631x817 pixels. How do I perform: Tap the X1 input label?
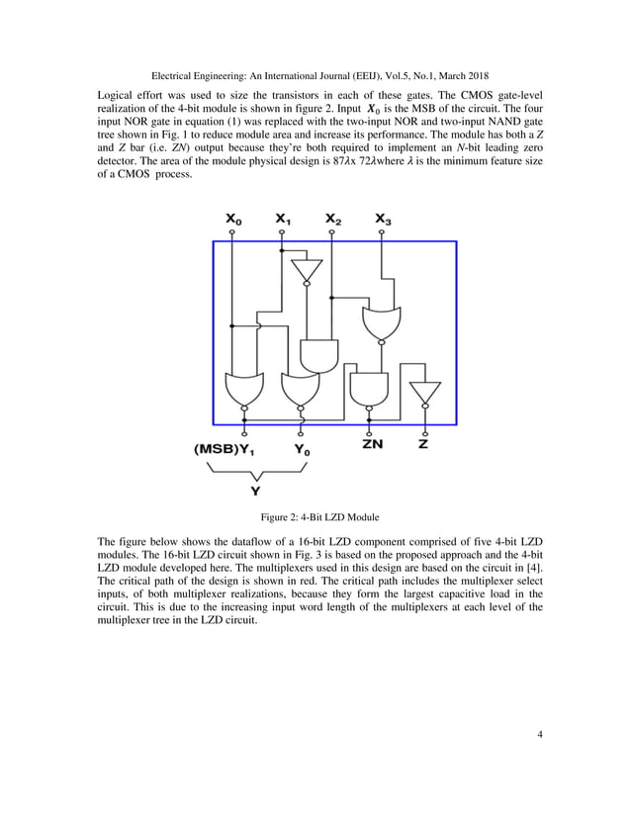point(283,220)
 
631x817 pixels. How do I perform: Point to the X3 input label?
point(383,220)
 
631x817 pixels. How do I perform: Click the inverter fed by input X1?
point(307,269)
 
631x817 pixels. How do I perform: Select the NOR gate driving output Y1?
point(243,390)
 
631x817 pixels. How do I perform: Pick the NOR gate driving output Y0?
point(299,390)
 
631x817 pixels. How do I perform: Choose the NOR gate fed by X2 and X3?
point(383,323)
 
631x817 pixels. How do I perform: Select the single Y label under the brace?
point(256,490)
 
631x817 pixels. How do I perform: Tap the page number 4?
point(541,733)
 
